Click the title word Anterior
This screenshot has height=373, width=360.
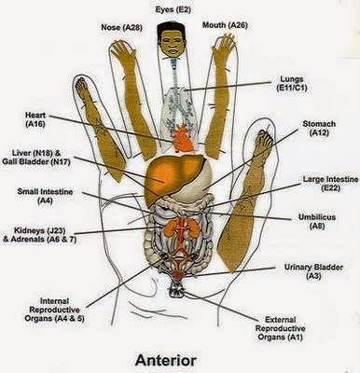tap(178, 357)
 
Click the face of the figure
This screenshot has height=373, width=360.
tap(173, 45)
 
